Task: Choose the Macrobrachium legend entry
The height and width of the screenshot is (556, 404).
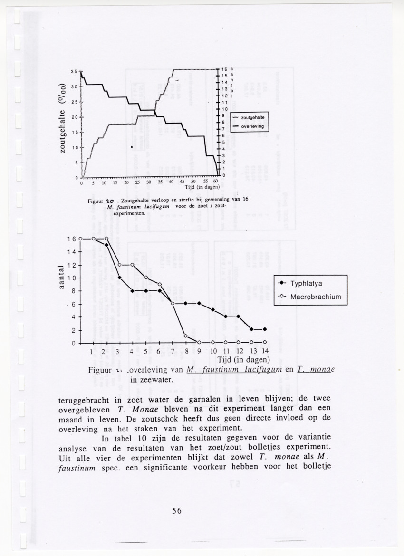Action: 311,297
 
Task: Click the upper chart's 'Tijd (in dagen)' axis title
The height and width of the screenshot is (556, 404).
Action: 202,187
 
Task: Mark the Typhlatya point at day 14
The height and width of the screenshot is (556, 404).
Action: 265,329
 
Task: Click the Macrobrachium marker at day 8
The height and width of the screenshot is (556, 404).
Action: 186,336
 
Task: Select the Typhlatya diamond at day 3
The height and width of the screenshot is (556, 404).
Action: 119,278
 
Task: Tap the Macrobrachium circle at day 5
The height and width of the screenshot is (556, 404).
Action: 146,278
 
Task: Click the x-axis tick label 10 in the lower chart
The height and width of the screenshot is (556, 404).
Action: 212,352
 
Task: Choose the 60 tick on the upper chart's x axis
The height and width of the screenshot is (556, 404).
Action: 216,182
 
